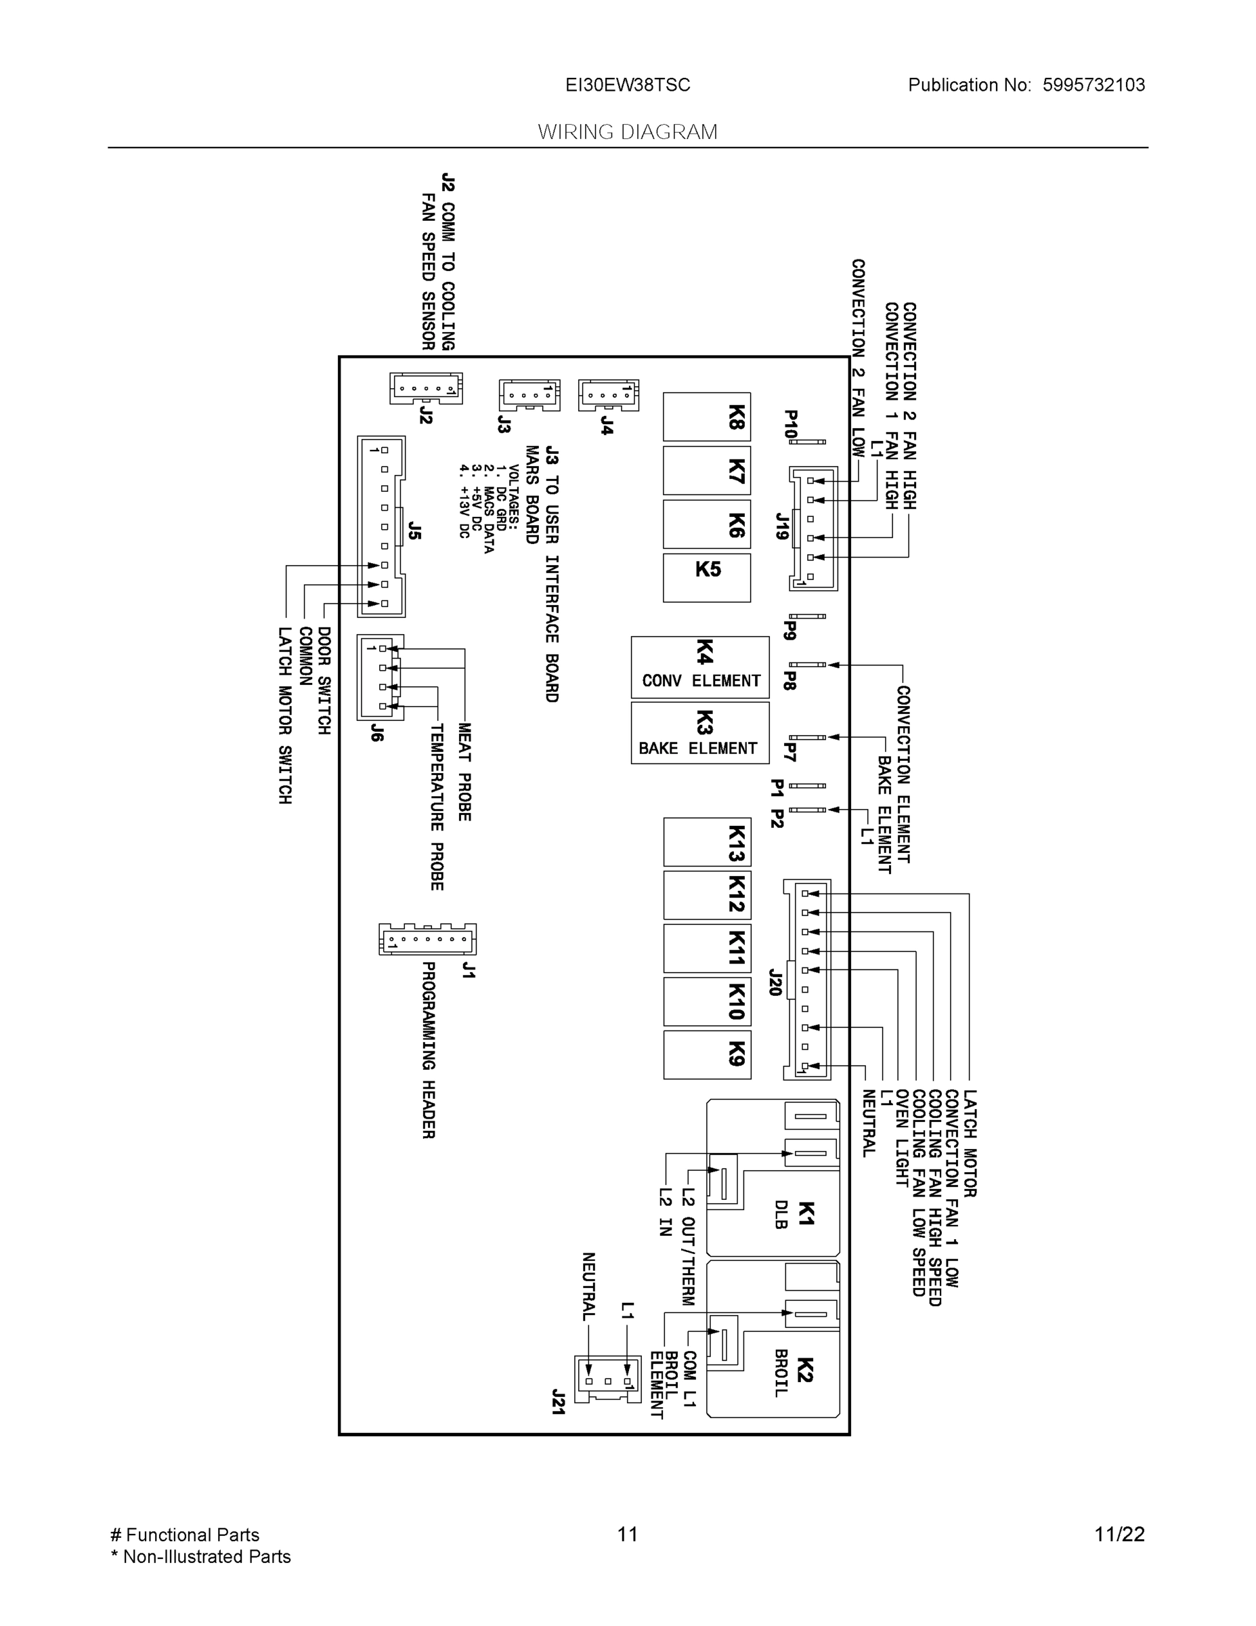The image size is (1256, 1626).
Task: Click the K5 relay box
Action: pos(706,577)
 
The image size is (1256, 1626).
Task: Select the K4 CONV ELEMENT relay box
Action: pos(700,667)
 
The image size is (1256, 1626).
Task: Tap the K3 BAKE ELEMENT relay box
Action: pos(699,732)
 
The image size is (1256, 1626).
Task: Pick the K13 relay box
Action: pos(707,842)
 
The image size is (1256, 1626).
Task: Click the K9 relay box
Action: pos(707,1054)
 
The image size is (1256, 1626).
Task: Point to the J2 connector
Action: pos(426,389)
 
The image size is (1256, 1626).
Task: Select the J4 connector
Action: pos(608,394)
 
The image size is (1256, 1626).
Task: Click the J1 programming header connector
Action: pos(427,940)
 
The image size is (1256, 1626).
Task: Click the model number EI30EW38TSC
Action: pos(627,85)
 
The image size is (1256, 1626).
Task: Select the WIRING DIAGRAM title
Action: pos(627,132)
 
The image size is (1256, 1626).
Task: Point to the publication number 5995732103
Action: pos(1093,85)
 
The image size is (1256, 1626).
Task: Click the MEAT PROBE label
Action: pos(464,772)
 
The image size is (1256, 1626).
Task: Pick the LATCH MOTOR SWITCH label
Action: pos(285,715)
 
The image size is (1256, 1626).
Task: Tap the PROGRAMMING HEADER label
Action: pos(429,1049)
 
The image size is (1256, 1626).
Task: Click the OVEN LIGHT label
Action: pos(901,1137)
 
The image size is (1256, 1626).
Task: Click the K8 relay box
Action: pos(707,417)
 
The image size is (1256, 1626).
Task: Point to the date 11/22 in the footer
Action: pos(1119,1534)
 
